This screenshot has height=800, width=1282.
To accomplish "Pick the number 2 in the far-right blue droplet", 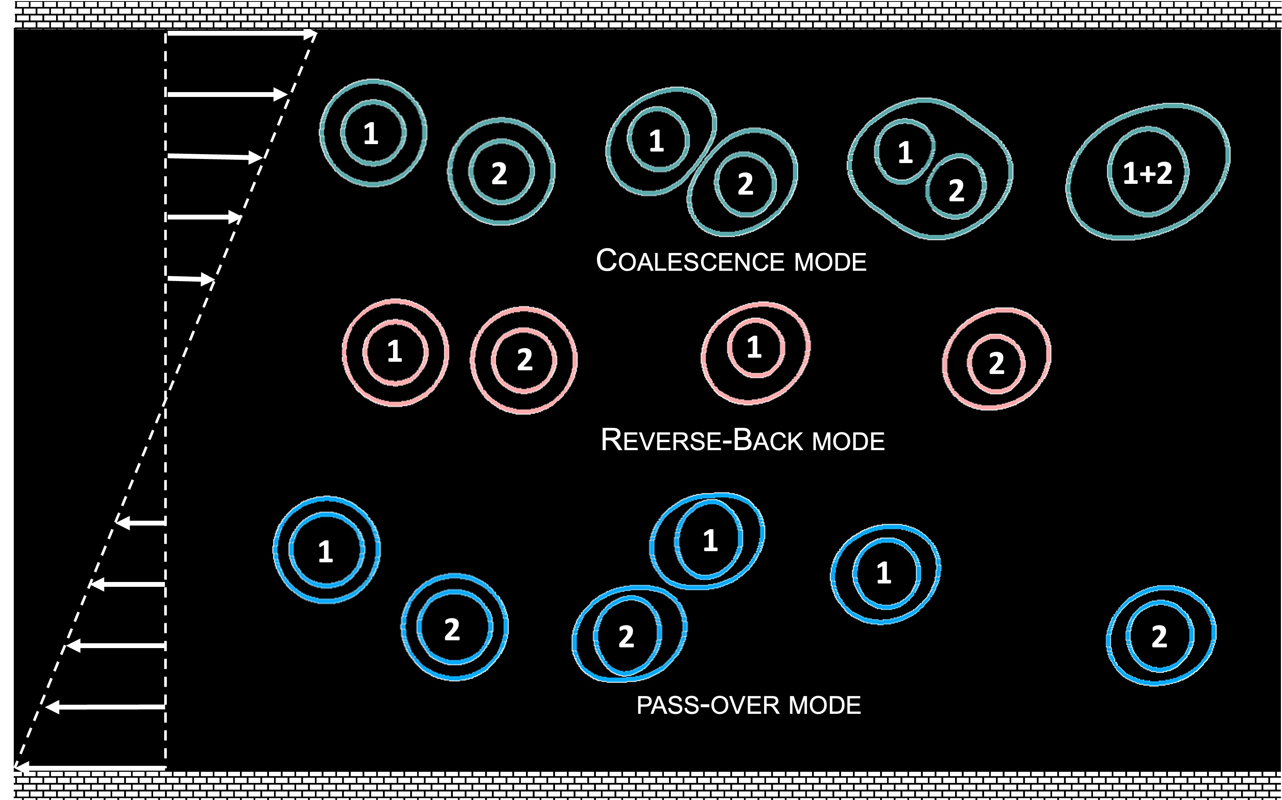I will (x=1159, y=637).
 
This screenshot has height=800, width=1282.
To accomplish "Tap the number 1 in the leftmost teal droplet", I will (x=371, y=133).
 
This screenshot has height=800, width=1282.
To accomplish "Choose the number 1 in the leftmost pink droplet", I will (x=394, y=351).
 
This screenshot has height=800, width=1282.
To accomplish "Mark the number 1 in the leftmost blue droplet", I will (x=325, y=551).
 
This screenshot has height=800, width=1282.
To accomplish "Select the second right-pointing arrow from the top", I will (x=227, y=95).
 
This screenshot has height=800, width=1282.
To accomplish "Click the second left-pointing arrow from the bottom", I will (x=106, y=707).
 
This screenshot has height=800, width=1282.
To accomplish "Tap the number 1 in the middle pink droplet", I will (x=754, y=348).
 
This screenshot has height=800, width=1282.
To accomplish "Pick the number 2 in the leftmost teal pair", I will (x=499, y=173).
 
